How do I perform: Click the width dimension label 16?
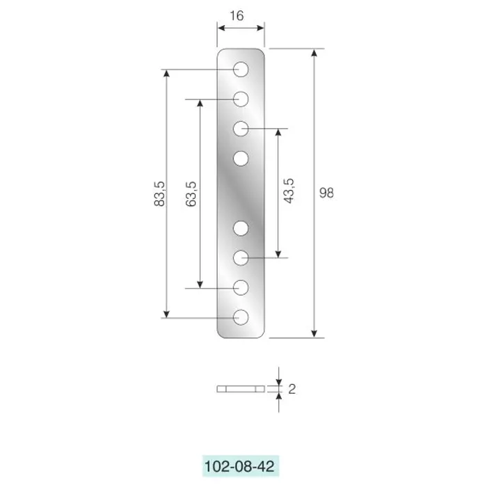237,16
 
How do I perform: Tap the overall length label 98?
326,193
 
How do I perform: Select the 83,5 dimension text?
159,194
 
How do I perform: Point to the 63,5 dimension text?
191,194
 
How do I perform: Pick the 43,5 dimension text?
289,191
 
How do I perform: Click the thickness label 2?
292,389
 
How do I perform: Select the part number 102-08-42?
240,467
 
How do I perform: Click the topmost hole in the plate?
241,70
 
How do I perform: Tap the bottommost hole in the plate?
241,317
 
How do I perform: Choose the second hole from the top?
241,99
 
